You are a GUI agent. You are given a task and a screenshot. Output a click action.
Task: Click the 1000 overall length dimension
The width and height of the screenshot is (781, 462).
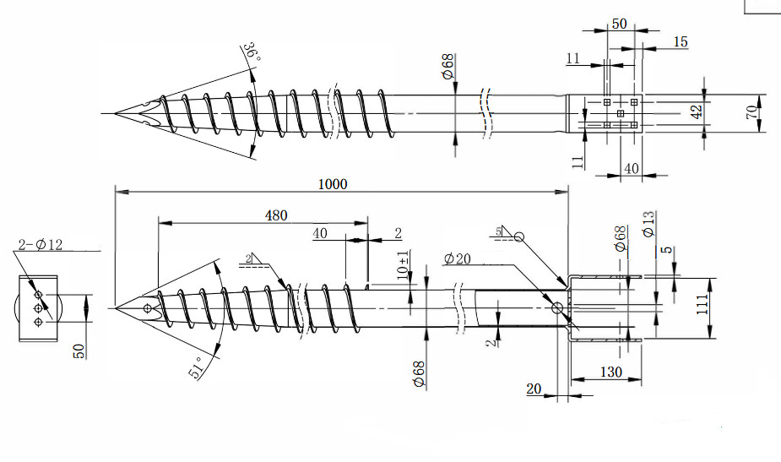[x=335, y=183]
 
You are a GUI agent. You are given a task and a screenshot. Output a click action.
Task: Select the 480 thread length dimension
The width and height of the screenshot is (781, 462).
[x=276, y=215]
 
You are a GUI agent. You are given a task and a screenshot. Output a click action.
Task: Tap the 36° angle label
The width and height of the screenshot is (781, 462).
[x=251, y=53]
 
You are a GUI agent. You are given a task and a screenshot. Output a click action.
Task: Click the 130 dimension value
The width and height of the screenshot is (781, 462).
[x=611, y=372]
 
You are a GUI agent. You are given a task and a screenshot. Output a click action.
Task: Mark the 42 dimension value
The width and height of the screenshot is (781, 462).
[x=697, y=113]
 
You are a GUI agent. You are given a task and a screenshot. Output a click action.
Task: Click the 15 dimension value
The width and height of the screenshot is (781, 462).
[x=681, y=41]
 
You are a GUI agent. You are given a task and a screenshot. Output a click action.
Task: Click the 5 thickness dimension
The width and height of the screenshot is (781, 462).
[x=669, y=250]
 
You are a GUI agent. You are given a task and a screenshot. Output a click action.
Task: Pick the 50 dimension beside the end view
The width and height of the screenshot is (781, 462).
[x=79, y=351]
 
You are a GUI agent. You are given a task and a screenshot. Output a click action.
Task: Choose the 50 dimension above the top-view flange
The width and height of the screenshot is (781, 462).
[x=619, y=24]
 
